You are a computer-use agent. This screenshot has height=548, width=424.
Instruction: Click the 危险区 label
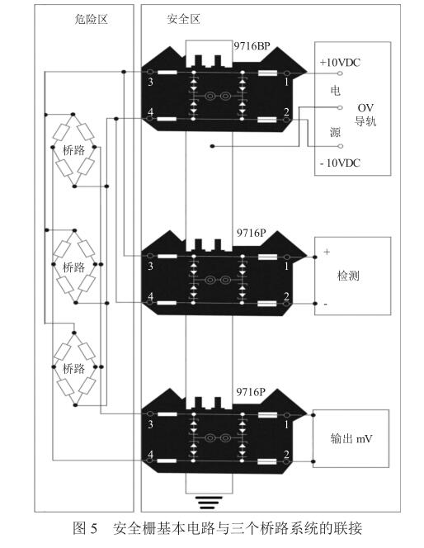coord(91,19)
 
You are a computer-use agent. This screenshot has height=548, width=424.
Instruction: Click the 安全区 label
coord(183,19)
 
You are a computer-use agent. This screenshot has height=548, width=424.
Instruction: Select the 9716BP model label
coord(252,45)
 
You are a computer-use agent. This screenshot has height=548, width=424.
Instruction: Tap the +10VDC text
coord(340,63)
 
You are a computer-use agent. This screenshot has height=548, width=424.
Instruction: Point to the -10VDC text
coord(340,163)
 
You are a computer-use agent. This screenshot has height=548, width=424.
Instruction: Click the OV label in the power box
coord(365,107)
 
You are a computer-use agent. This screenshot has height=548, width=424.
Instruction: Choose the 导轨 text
coord(365,121)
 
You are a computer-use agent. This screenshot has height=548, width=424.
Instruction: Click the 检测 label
coord(348,276)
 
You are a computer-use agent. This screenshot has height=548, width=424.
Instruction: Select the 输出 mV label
coord(351,438)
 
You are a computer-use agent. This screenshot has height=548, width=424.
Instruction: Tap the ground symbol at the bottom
coord(209,503)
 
